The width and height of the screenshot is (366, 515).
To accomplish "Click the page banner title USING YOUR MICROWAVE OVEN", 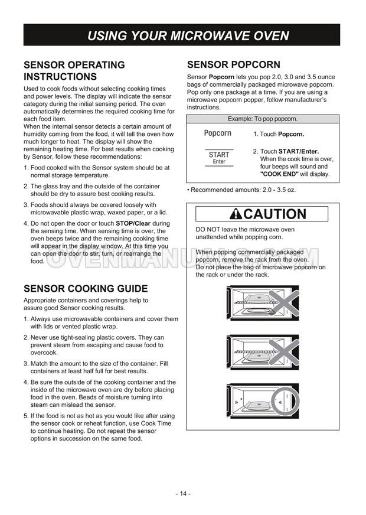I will click(188, 35).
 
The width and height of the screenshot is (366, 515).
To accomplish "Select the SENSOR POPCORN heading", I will click(233, 64).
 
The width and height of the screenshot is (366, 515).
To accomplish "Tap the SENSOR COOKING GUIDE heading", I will click(85, 289).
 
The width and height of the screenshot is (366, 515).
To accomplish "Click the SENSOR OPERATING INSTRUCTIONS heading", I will click(74, 71).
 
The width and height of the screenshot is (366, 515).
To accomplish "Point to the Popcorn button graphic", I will click(217, 133).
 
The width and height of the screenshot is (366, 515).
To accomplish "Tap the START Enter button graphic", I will click(219, 158).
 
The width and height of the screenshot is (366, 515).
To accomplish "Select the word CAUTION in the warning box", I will click(274, 214).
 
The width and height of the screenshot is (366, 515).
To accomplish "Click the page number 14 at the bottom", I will click(182, 494).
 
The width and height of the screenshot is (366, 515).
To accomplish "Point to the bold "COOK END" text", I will click(279, 174).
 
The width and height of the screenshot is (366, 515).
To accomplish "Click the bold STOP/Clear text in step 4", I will click(134, 224).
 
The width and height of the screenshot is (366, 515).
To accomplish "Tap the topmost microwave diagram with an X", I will click(264, 303).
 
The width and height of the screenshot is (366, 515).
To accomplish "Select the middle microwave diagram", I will click(264, 353).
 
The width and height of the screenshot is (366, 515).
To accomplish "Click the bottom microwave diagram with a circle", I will click(264, 401).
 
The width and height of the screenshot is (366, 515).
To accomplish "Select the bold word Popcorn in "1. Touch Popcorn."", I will click(291, 134).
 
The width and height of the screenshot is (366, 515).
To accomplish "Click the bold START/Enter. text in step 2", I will click(299, 151).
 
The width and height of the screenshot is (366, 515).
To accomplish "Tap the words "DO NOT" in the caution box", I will click(207, 229).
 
